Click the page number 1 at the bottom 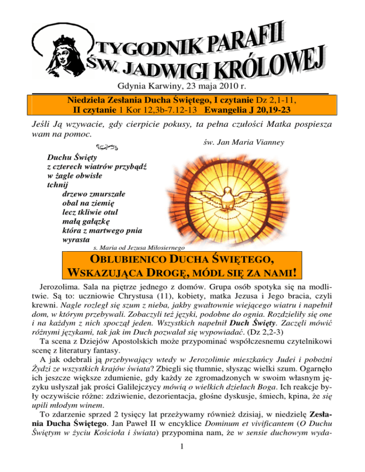182,459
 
